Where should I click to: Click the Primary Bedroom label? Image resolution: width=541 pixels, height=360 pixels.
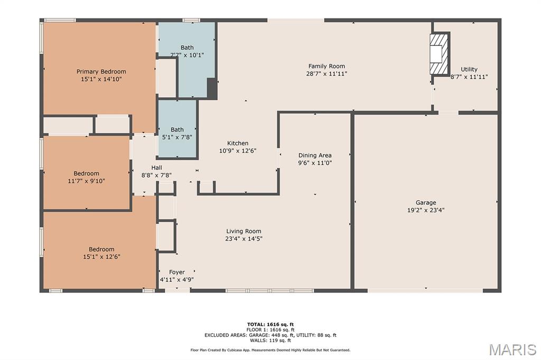tap(101, 72)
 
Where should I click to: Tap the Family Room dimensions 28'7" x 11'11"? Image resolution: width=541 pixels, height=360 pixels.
tap(327, 74)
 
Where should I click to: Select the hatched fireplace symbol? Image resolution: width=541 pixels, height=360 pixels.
tap(440, 53)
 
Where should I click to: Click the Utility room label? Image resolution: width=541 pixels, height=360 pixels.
tap(469, 69)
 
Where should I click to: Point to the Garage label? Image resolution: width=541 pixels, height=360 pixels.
tap(426, 203)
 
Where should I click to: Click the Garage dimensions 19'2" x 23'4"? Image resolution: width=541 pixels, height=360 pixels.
tap(426, 210)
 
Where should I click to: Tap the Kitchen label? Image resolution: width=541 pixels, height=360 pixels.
tap(238, 143)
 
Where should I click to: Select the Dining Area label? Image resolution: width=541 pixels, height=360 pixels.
tap(315, 156)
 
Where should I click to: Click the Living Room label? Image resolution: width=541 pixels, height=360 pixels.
tap(244, 231)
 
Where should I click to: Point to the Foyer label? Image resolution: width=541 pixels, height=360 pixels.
tap(177, 272)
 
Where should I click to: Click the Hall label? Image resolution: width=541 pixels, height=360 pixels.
tap(156, 167)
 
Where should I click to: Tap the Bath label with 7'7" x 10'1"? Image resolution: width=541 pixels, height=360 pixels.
tap(187, 48)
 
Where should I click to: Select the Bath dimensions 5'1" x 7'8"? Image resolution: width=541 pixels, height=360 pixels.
tap(177, 137)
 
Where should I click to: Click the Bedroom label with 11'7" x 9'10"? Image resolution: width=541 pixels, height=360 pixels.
tap(86, 174)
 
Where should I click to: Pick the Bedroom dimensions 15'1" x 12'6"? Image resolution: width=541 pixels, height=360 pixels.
tap(101, 257)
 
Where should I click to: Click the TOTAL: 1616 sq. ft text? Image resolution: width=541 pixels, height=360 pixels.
tap(270, 324)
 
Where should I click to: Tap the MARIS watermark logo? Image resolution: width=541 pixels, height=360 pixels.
tap(512, 349)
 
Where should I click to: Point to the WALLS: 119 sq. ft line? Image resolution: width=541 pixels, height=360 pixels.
tap(270, 340)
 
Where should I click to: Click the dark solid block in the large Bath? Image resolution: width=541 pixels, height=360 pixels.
tap(212, 88)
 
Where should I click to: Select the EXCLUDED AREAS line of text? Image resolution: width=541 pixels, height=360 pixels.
tap(270, 335)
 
